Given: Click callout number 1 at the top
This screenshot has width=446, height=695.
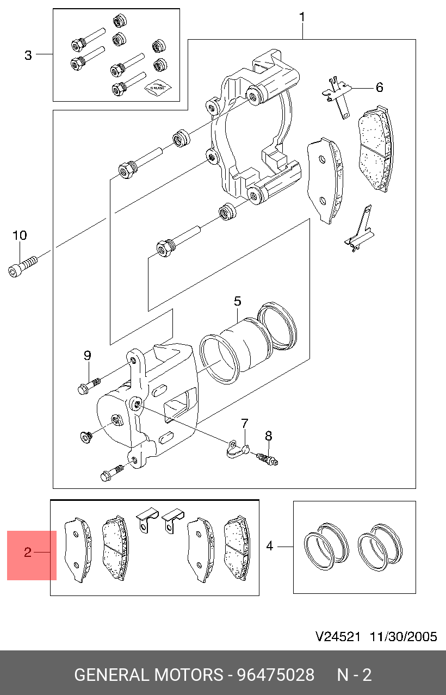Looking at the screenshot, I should coord(302,17).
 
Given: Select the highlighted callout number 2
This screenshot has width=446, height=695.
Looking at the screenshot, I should coord(28,553).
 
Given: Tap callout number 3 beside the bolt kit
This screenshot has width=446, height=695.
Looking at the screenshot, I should coord(28,55).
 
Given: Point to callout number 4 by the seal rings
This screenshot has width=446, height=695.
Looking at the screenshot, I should coord(270,545).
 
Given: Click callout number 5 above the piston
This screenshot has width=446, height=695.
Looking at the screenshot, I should coord(238,301).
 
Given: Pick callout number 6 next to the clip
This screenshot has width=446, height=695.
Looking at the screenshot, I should coord(379,87).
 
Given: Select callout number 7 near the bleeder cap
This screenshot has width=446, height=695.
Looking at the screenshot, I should coord(245,423).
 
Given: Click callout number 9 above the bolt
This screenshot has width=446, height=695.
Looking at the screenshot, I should coord(87,355).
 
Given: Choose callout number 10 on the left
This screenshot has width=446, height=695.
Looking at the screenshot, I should coord(20,235).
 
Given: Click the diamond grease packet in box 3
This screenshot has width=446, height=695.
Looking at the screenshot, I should coord(157,87).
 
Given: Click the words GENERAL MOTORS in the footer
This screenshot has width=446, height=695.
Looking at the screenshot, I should coord(148,675).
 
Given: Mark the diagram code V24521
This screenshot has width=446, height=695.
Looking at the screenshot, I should coord(338,637).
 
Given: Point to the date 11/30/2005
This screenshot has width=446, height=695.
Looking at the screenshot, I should coord(403,637).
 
